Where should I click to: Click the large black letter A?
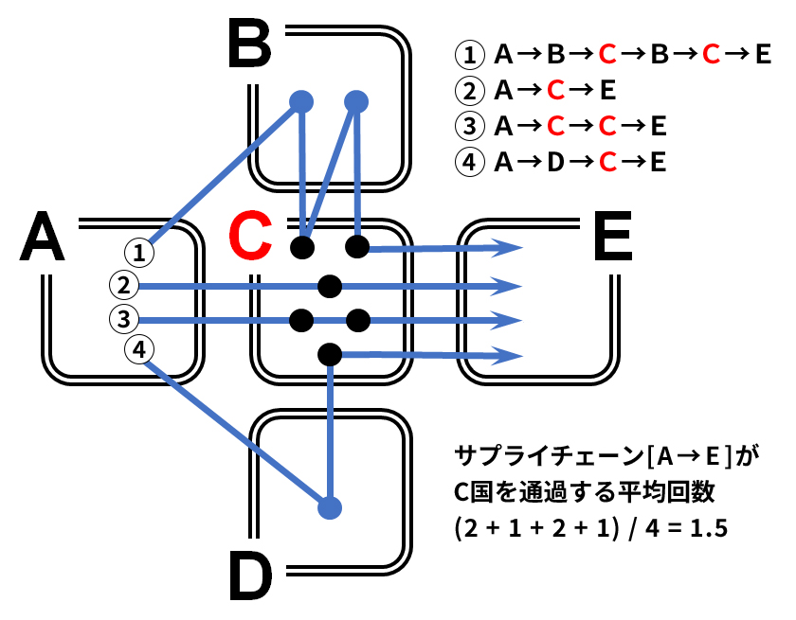click(43, 237)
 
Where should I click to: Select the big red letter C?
click(253, 237)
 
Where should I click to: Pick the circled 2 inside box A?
click(124, 284)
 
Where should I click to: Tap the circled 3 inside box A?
click(124, 319)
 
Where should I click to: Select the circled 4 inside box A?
click(139, 350)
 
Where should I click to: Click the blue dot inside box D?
click(329, 507)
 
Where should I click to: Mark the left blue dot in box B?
click(301, 99)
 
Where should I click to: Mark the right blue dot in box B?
click(357, 99)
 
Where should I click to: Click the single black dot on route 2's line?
click(330, 285)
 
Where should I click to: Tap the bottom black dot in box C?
click(330, 355)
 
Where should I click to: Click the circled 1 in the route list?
click(469, 54)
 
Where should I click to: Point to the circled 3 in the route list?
click(469, 127)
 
